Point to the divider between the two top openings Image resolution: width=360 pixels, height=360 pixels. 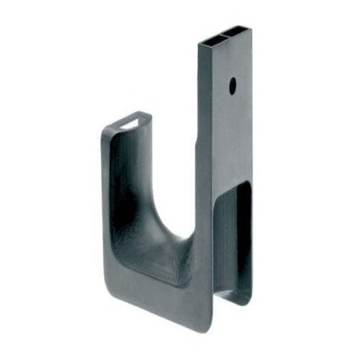224,35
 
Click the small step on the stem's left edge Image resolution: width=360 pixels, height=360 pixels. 198,144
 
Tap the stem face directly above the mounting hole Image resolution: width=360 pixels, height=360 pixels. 231,61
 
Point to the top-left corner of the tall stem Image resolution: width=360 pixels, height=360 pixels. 199,42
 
